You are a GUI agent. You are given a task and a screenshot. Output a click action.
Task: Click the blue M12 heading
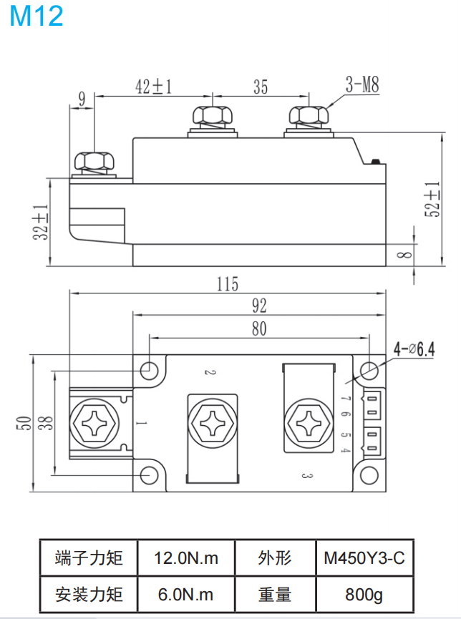coord(37,16)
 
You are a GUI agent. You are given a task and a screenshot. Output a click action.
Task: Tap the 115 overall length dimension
coord(227,284)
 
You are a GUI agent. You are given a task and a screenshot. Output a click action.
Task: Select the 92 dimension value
coord(259,306)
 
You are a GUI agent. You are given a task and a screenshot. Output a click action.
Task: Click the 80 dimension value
coord(259,328)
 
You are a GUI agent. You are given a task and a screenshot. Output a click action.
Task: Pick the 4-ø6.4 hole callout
coord(414,349)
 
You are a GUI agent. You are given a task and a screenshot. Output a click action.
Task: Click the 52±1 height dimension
coord(432,199)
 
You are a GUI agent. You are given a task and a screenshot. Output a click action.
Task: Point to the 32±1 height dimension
coord(41,222)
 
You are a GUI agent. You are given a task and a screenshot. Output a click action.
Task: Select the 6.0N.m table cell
coord(186,594)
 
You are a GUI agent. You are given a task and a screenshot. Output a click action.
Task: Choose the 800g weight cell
coord(364,594)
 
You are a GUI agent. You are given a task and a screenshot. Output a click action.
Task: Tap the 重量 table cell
coord(275,594)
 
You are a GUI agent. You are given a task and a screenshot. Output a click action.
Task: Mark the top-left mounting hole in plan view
coord(149,370)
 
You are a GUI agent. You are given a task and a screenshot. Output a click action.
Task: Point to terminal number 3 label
coord(304,474)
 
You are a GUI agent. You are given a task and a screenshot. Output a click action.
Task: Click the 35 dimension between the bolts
coord(261,87)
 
